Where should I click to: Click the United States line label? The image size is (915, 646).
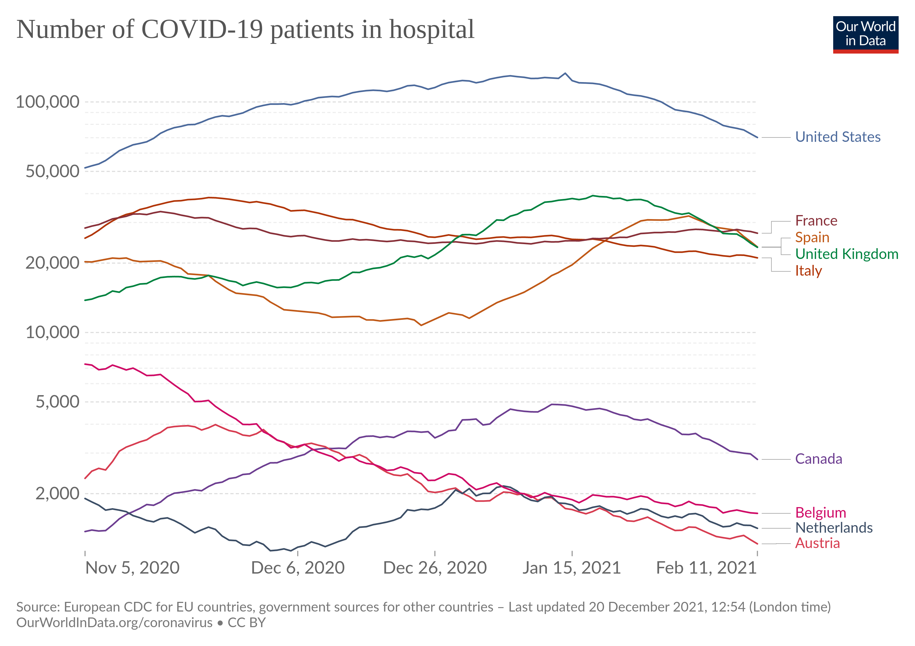[838, 137]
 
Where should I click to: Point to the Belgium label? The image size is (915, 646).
[820, 512]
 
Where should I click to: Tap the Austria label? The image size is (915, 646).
[817, 543]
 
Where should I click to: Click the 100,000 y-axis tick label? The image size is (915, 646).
[47, 102]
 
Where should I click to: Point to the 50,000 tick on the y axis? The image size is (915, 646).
[52, 171]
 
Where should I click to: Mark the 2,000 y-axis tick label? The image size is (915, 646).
[57, 493]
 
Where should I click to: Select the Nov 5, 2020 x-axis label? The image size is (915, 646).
[132, 567]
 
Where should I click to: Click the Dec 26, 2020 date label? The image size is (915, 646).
[435, 567]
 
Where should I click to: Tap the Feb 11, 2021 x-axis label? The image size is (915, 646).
[706, 567]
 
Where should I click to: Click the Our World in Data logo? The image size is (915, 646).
[865, 34]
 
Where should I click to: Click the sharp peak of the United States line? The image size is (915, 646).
[565, 73]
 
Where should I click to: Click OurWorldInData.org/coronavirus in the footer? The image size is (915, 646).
[114, 623]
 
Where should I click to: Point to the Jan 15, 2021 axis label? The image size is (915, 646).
[572, 567]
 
